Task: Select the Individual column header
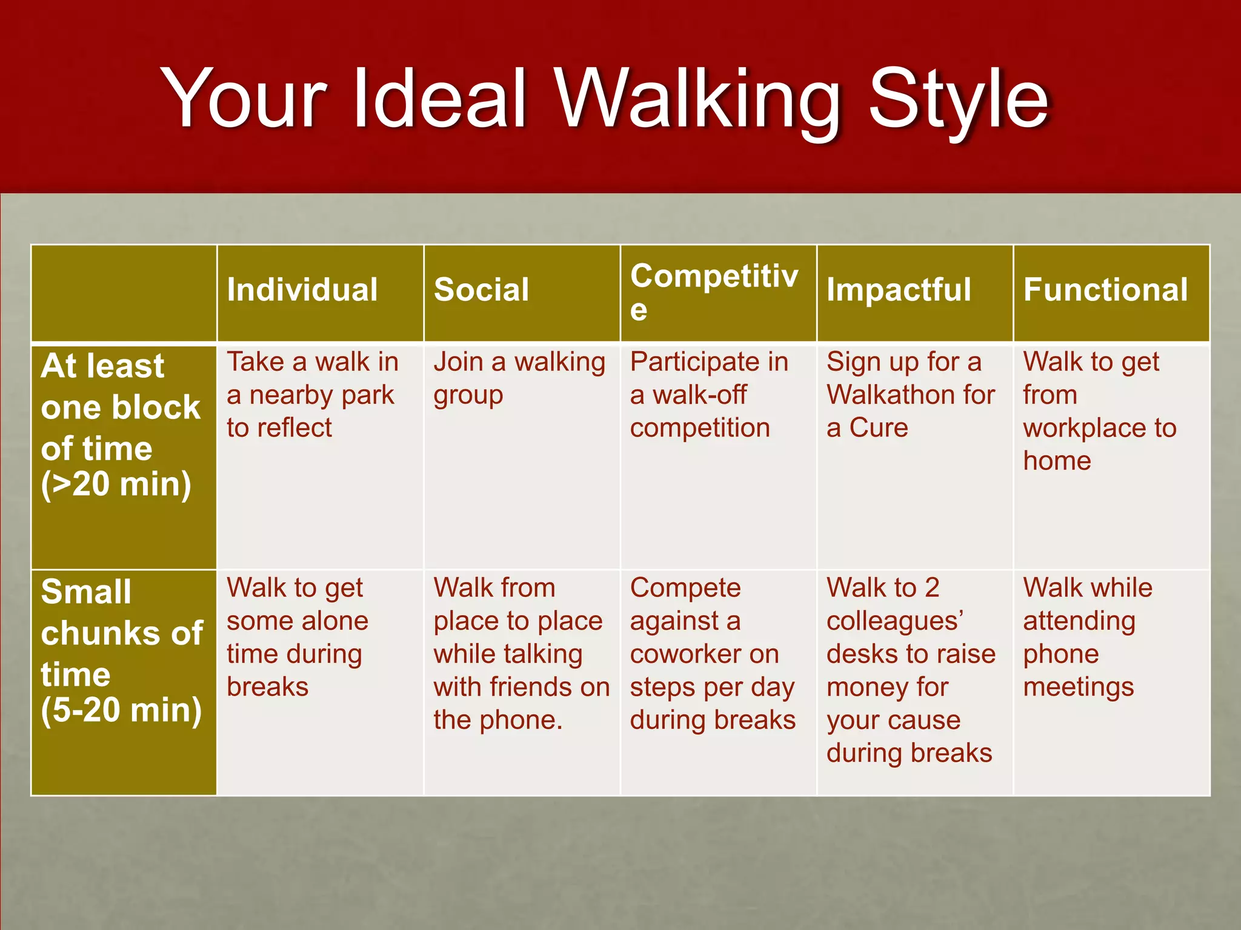pyautogui.click(x=302, y=289)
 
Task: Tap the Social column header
pyautogui.click(x=481, y=289)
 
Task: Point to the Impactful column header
pyautogui.click(x=899, y=289)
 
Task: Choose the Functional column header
pyautogui.click(x=1105, y=289)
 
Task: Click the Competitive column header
pyautogui.click(x=714, y=291)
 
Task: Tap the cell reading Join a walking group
pyautogui.click(x=519, y=378)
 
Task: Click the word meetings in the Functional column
pyautogui.click(x=1078, y=688)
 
